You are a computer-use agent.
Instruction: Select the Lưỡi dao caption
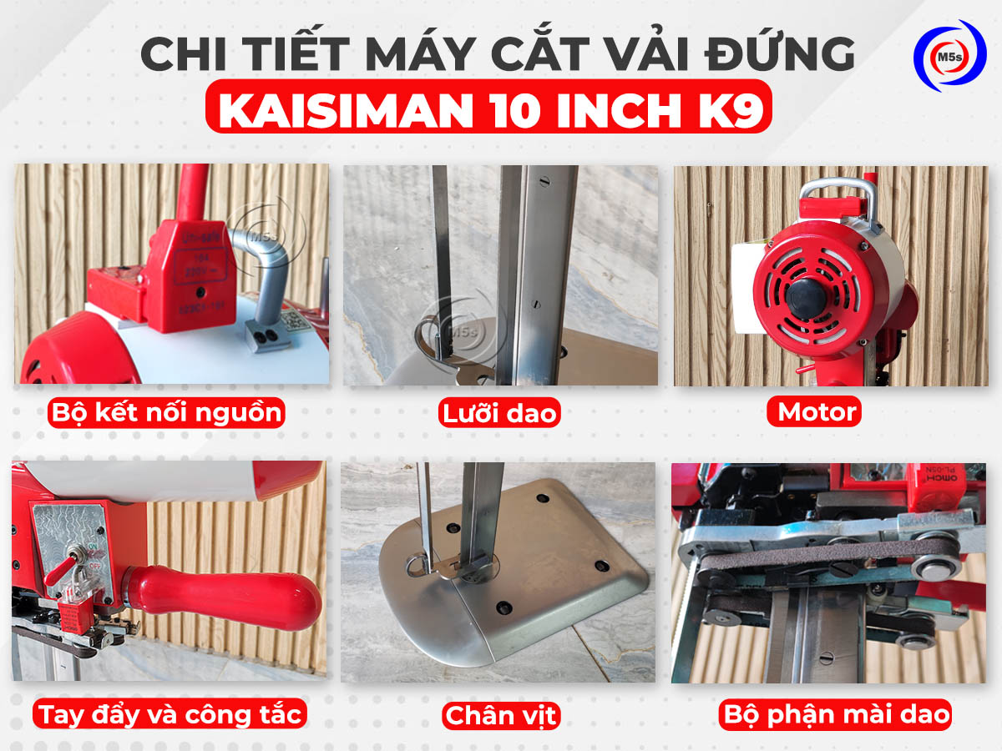[500, 413]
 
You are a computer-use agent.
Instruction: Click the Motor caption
[816, 411]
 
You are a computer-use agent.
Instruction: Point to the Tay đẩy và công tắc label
[170, 714]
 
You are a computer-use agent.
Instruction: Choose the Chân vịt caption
[499, 715]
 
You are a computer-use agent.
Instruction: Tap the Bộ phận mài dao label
[836, 714]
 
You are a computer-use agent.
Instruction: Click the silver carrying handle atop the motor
[835, 194]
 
